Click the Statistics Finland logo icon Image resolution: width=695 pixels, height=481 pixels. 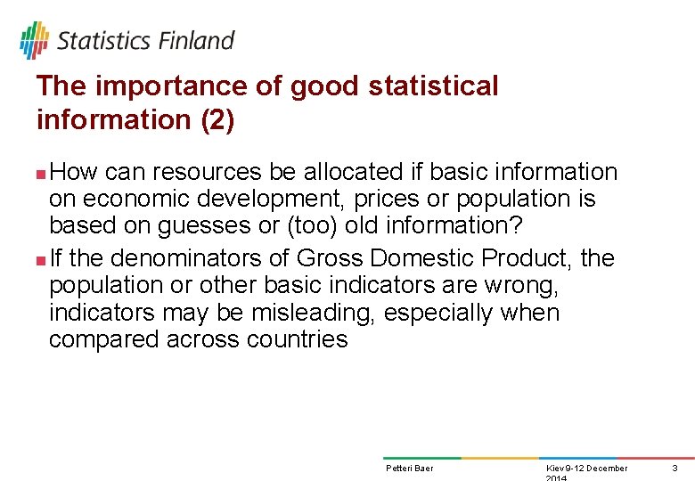click(34, 40)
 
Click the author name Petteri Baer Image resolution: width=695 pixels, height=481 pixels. click(409, 469)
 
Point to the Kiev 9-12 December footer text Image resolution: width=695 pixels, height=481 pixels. click(585, 469)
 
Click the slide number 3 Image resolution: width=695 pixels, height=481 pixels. click(675, 469)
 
